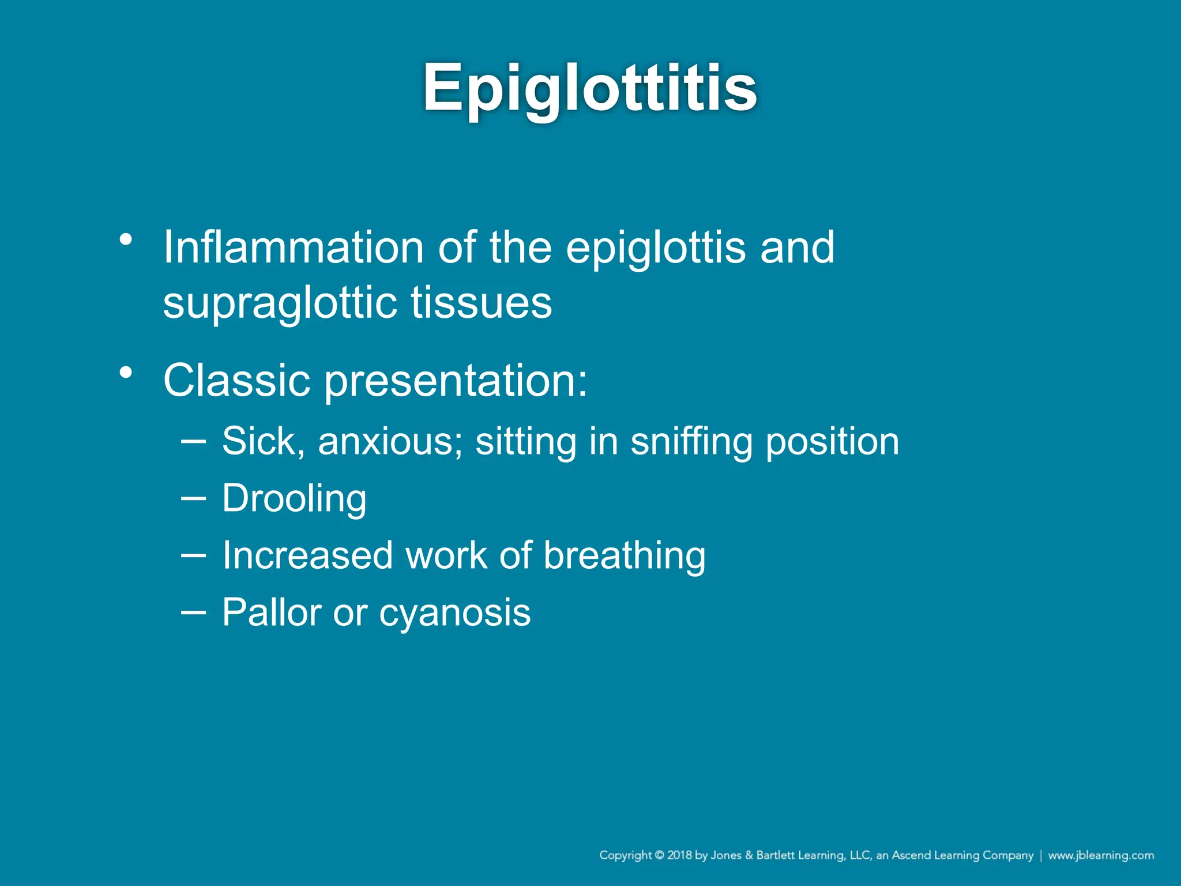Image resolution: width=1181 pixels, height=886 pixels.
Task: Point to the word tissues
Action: (481, 303)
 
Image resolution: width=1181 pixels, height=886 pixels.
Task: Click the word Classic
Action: (237, 381)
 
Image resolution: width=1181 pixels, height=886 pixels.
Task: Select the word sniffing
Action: (691, 442)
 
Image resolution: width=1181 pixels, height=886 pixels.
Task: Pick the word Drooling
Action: (294, 499)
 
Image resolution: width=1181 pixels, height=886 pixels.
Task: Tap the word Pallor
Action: (272, 612)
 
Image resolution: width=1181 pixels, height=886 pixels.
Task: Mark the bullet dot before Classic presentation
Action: (126, 373)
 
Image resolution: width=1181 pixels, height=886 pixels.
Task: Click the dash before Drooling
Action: (193, 498)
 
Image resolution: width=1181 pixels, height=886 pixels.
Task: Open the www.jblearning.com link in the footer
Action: (1101, 855)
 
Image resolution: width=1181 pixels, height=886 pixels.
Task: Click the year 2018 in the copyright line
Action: (679, 855)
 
